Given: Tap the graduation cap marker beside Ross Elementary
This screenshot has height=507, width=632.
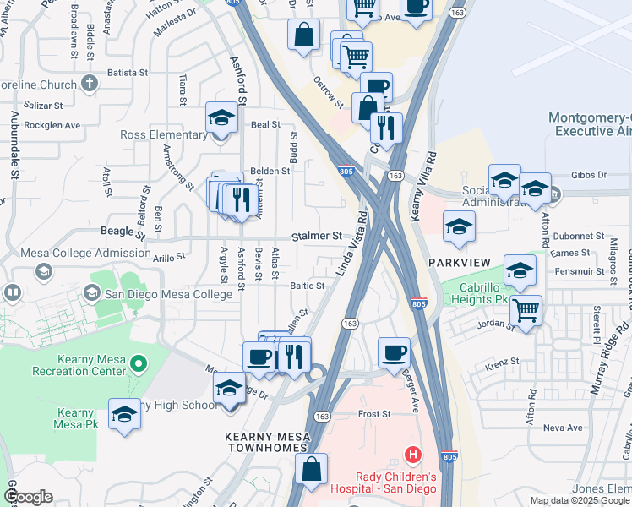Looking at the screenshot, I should pyautogui.click(x=221, y=119).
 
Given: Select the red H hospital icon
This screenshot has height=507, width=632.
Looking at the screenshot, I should pyautogui.click(x=413, y=455).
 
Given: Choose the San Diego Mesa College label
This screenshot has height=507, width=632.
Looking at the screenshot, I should pyautogui.click(x=168, y=294).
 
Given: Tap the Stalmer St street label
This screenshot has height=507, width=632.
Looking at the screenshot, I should pyautogui.click(x=317, y=237).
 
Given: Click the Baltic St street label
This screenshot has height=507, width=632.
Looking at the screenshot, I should pyautogui.click(x=308, y=286).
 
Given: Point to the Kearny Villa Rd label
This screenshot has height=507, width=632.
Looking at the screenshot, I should pyautogui.click(x=423, y=188).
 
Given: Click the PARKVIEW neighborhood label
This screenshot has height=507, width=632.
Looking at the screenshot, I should pyautogui.click(x=459, y=263).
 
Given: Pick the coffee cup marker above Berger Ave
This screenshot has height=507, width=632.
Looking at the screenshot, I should pyautogui.click(x=394, y=352).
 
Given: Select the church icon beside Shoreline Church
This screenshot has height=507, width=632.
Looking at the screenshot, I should pyautogui.click(x=90, y=84).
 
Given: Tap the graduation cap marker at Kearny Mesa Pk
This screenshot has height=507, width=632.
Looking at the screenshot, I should pyautogui.click(x=124, y=414).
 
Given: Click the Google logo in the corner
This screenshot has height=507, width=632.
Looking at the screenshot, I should pyautogui.click(x=27, y=496).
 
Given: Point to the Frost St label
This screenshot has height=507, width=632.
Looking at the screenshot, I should pyautogui.click(x=374, y=414).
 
